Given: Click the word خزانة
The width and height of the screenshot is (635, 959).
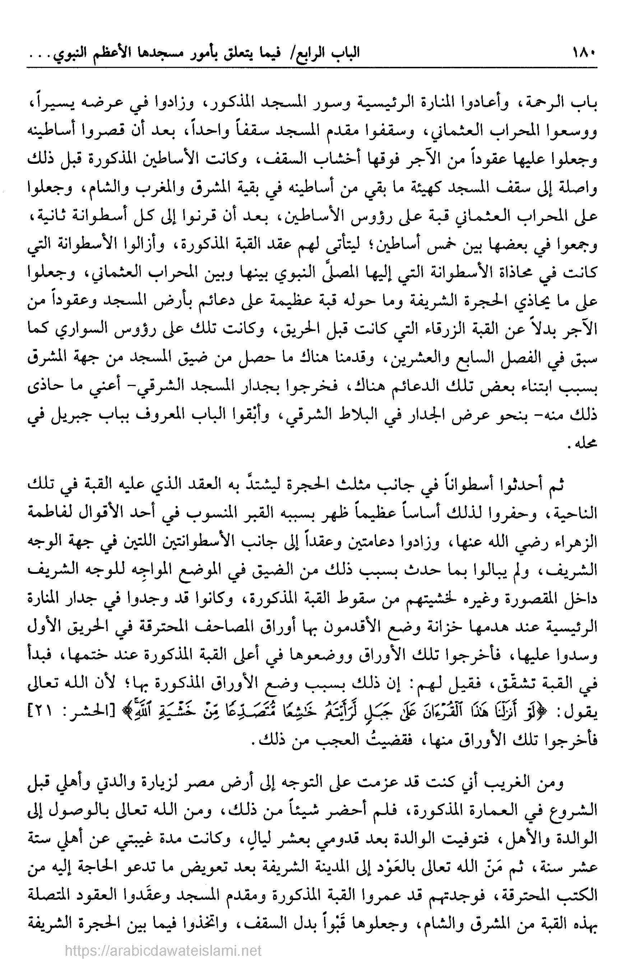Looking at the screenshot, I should (x=450, y=640).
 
